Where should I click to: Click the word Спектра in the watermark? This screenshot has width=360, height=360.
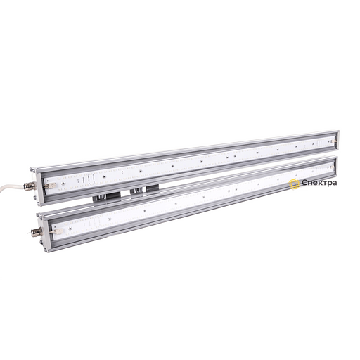319,183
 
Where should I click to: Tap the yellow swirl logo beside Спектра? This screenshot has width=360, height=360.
295,184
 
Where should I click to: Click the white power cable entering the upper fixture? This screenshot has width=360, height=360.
12,186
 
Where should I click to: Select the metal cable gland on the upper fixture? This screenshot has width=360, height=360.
30,187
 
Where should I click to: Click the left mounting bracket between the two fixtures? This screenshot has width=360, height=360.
107,196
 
